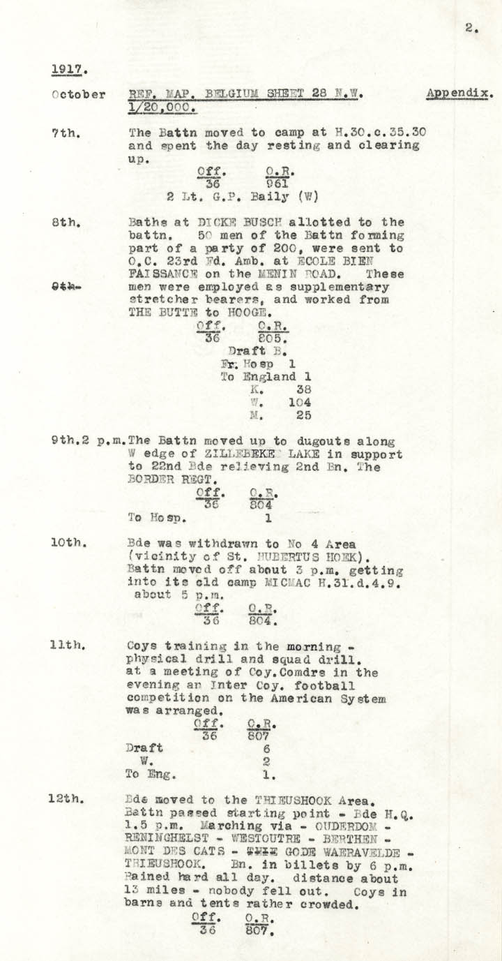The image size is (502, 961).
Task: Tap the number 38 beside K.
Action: tap(303, 389)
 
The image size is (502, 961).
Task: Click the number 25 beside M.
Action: tap(303, 416)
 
